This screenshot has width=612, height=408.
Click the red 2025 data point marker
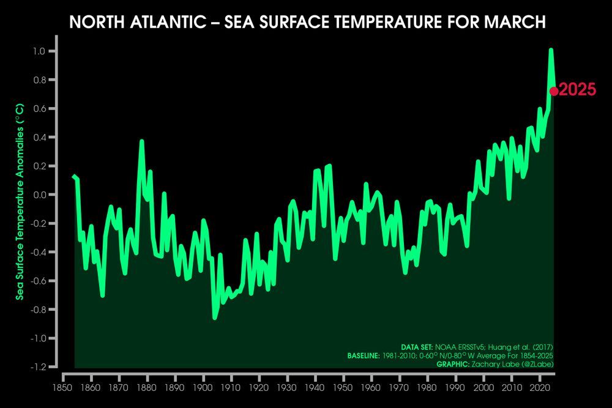pos(554,91)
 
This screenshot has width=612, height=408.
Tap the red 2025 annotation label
pos(578,91)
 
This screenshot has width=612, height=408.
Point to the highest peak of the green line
pos(551,50)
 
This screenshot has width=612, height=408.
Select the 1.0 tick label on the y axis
pos(40,51)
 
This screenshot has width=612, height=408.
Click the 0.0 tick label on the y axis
pos(40,195)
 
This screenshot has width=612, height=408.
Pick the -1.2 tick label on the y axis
pos(39,366)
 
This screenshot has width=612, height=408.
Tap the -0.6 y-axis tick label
pos(39,281)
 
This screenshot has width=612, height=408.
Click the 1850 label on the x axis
pos(62,388)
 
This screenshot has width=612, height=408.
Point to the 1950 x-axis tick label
pos(343,388)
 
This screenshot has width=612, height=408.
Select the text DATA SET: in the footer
pos(417,347)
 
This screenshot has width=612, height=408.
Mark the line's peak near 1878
pos(141,141)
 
